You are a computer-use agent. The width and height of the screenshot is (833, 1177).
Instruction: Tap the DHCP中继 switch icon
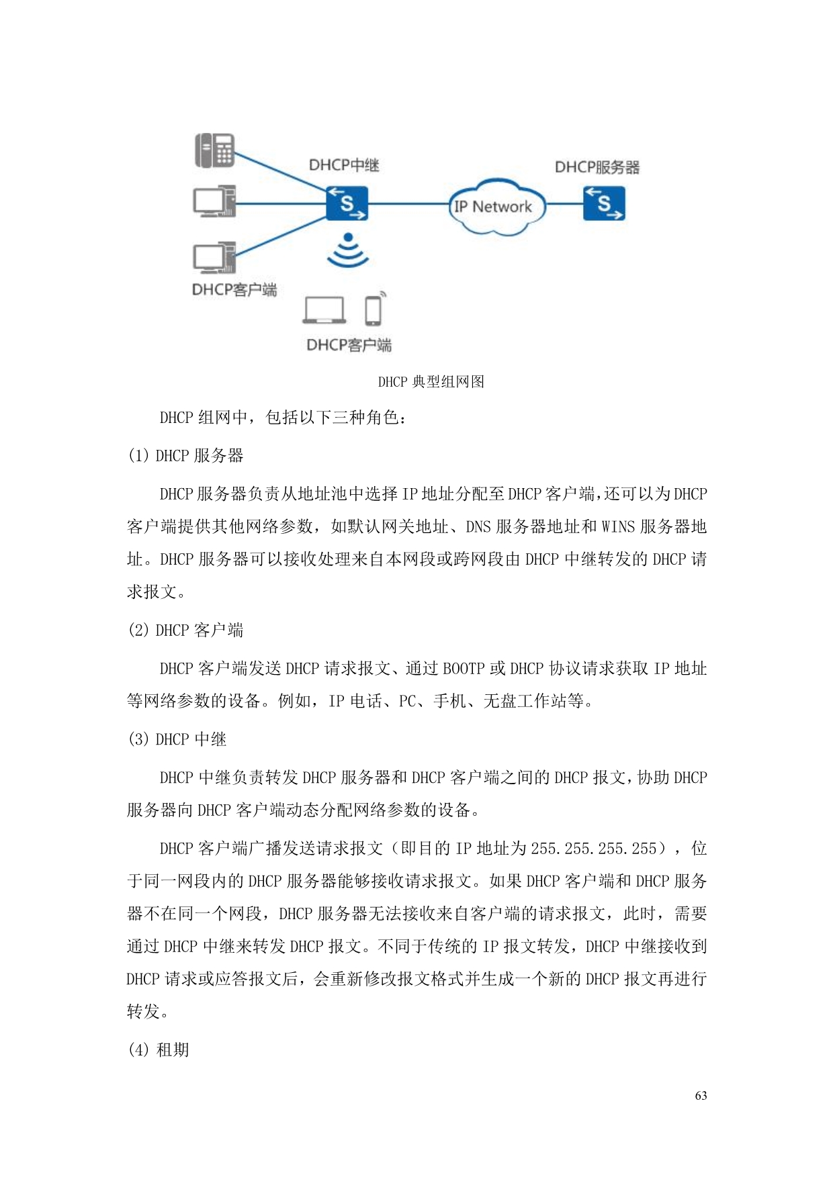(x=347, y=203)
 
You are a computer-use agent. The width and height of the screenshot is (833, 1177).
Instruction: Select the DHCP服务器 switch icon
(x=603, y=203)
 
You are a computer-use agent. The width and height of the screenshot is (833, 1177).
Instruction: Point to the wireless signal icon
(x=348, y=251)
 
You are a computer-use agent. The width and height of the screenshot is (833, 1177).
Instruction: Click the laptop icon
(x=324, y=311)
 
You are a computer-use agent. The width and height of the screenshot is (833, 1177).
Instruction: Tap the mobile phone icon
(x=374, y=310)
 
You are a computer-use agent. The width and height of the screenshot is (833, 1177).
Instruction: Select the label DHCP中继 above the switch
(x=344, y=165)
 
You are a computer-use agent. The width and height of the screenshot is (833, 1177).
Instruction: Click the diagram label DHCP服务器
(x=597, y=167)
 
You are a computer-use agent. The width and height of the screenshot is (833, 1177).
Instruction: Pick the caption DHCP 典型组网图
(x=431, y=382)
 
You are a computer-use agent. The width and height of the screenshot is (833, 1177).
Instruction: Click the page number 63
(x=701, y=1096)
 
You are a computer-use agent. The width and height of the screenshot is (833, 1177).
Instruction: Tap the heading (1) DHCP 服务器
(x=186, y=456)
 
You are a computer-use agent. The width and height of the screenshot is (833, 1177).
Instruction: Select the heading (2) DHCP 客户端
(x=186, y=630)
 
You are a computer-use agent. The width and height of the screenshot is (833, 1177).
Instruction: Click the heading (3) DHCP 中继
(x=177, y=740)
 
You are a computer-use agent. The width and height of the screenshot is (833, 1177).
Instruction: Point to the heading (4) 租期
(x=159, y=1049)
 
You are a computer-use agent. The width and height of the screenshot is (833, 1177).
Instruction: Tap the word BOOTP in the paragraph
(x=464, y=669)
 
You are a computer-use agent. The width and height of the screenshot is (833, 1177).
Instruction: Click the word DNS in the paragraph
(x=478, y=527)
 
